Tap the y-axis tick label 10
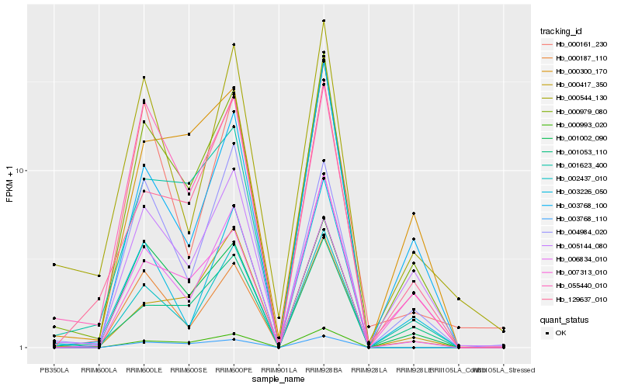tap(20, 171)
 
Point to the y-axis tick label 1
tap(23, 348)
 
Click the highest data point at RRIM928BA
tap(324, 21)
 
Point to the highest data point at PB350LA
tap(54, 265)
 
